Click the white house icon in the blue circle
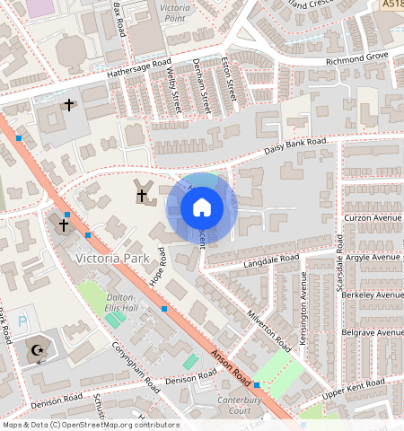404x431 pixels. [202, 208]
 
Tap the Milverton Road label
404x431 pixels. [270, 332]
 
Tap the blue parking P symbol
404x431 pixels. [22, 321]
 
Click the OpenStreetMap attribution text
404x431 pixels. [90, 425]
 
